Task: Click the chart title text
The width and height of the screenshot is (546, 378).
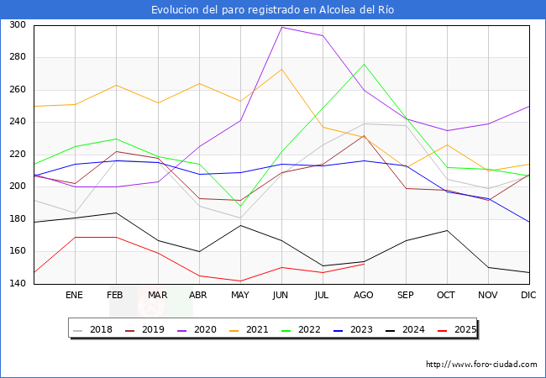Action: [x=273, y=10]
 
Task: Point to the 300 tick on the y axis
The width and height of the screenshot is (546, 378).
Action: [x=16, y=25]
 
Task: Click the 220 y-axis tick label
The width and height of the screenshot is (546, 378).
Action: [x=16, y=155]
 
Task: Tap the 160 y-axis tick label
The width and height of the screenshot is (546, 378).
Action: [x=16, y=252]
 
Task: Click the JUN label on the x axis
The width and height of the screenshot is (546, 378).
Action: [x=281, y=296]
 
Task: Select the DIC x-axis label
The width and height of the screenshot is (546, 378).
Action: [x=528, y=296]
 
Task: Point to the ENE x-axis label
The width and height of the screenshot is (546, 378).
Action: [x=75, y=296]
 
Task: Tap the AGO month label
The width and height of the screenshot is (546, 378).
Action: [x=363, y=296]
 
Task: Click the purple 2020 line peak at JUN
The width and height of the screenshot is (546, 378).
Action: [x=281, y=27]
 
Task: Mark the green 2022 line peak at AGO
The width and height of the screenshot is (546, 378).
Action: [x=363, y=65]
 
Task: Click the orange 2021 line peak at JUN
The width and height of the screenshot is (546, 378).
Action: [x=281, y=69]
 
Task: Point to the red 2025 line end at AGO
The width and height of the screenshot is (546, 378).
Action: [x=363, y=264]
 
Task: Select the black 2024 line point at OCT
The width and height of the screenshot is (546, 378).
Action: [x=446, y=230]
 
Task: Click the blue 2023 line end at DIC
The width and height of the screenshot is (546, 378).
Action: [x=528, y=222]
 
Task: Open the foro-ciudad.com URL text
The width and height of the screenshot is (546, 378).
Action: [x=481, y=365]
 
